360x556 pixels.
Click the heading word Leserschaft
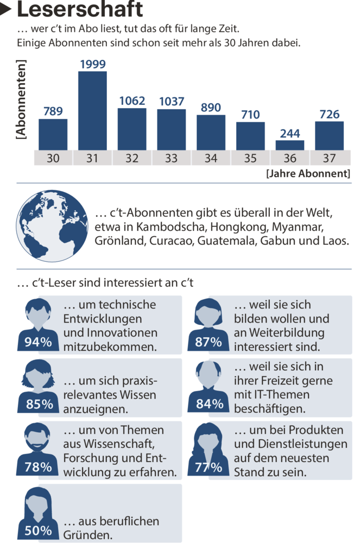tap(80, 10)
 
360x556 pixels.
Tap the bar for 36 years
tap(289, 145)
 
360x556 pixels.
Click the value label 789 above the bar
tap(53, 112)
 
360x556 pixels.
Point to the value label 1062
tap(132, 101)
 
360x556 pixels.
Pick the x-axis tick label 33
tap(171, 159)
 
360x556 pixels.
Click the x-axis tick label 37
tap(329, 159)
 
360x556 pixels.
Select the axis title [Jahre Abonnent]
tap(308, 174)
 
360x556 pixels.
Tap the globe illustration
tap(52, 226)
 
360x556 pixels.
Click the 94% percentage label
tap(39, 342)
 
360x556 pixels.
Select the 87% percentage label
tap(209, 342)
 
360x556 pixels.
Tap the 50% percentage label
tap(39, 530)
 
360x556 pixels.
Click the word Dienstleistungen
tap(290, 444)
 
